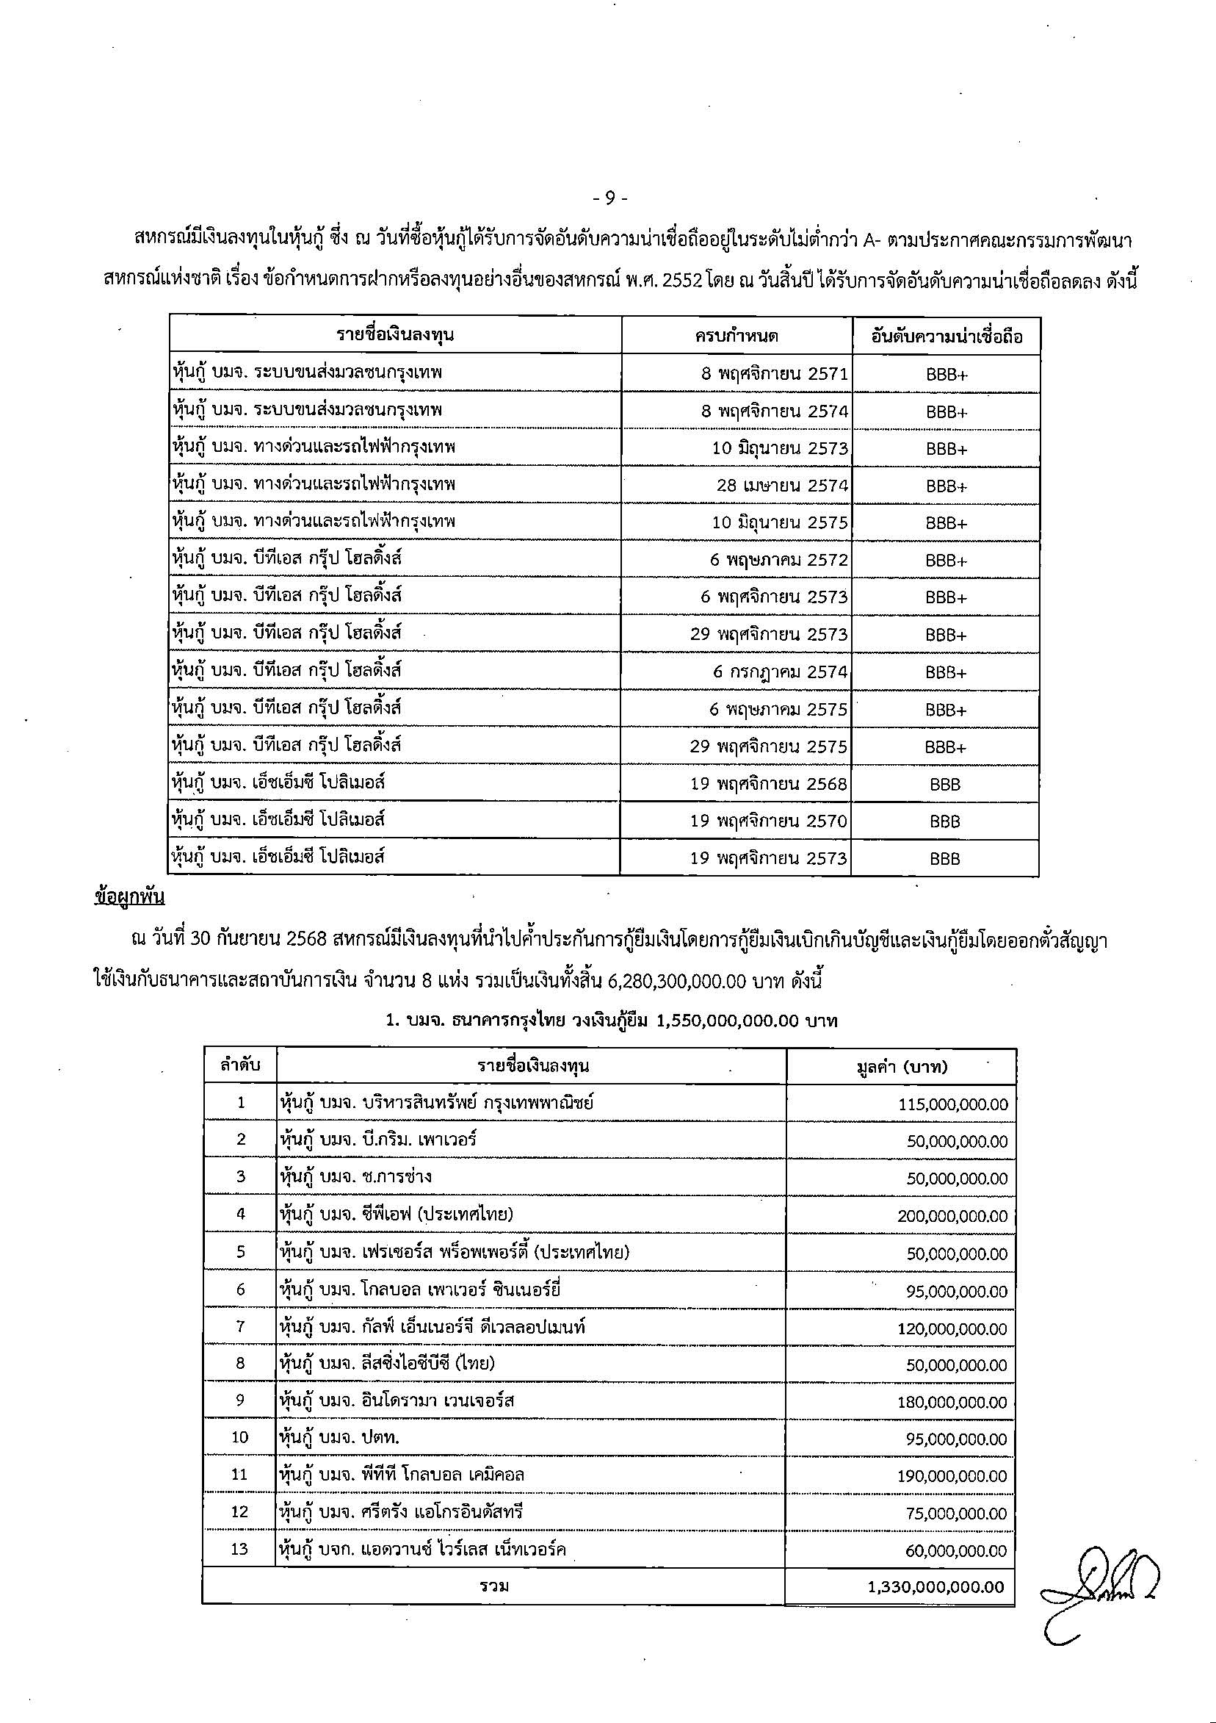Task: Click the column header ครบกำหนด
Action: coord(736,337)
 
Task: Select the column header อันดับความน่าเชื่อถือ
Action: coord(946,337)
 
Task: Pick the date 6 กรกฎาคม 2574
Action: coord(779,672)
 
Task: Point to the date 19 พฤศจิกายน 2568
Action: coord(768,783)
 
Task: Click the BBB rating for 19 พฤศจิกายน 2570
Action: coord(944,821)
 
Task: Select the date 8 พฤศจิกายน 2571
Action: coord(774,373)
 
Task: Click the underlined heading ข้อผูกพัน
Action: coord(130,897)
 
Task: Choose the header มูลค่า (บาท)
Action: coord(901,1066)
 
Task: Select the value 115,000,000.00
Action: coord(952,1104)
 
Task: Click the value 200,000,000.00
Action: coord(952,1216)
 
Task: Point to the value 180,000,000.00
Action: coord(952,1402)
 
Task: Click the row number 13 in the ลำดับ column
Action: coord(239,1548)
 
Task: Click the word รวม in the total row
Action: coord(494,1586)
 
